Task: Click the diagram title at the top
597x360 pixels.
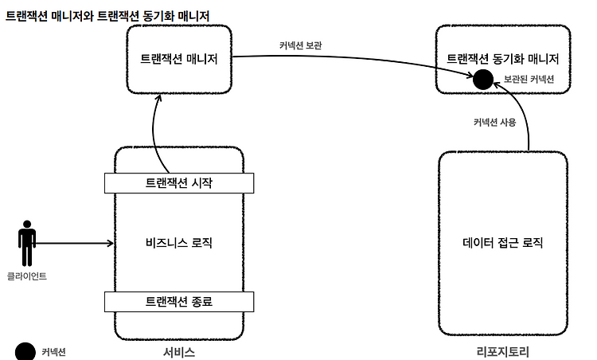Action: (107, 16)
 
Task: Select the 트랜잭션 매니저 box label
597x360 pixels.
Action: (179, 59)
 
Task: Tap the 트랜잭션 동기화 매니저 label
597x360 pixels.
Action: (502, 59)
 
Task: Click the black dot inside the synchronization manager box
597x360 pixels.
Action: (483, 80)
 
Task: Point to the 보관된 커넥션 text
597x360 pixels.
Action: (529, 79)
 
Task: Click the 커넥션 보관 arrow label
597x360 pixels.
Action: (300, 45)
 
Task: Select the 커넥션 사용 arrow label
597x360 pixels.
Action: (494, 123)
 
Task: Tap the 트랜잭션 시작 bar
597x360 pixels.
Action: (179, 183)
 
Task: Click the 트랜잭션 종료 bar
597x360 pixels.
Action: (179, 302)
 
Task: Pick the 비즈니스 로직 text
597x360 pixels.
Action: (179, 243)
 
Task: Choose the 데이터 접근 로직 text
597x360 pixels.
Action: (502, 243)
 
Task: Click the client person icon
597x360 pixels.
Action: (27, 243)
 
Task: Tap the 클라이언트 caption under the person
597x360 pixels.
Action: (26, 276)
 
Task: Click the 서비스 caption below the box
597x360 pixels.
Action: (179, 352)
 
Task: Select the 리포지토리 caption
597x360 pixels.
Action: (502, 351)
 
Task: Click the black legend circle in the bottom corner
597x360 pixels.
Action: (25, 351)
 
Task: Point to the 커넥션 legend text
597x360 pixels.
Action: (53, 352)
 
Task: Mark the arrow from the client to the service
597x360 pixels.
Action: (75, 243)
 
